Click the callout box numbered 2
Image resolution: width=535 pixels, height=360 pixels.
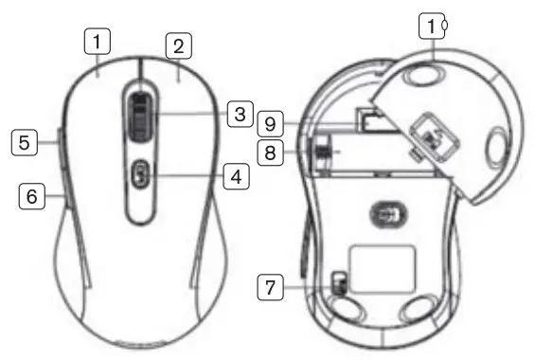(x=178, y=45)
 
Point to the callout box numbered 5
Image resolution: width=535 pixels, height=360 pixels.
(x=25, y=142)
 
